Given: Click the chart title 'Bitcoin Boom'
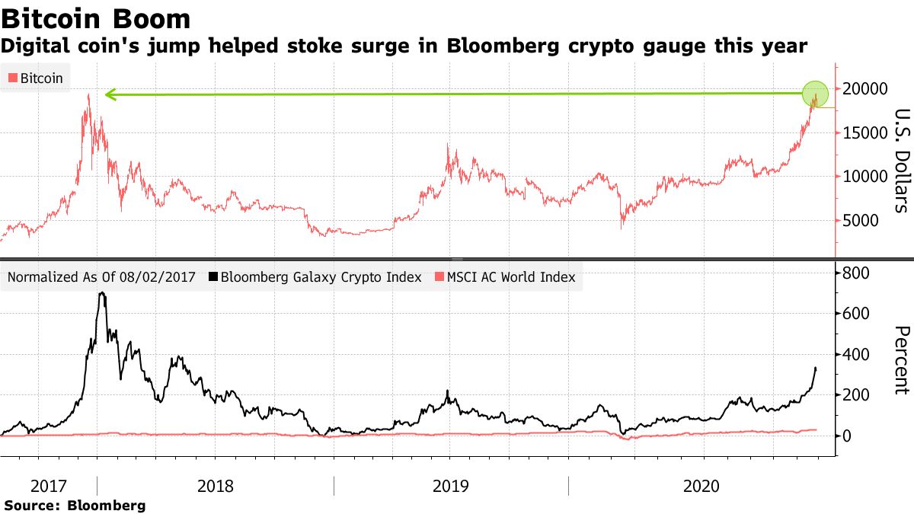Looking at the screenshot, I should [x=96, y=18].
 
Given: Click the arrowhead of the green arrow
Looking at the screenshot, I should [x=110, y=95].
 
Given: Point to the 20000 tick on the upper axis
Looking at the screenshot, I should [x=864, y=88].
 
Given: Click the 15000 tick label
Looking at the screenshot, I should [x=864, y=132].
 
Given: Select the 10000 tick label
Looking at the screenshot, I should [x=864, y=177].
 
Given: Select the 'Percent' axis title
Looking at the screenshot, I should [x=901, y=360].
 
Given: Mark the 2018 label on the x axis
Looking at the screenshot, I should [x=216, y=486].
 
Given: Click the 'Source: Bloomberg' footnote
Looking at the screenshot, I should [x=75, y=505].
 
